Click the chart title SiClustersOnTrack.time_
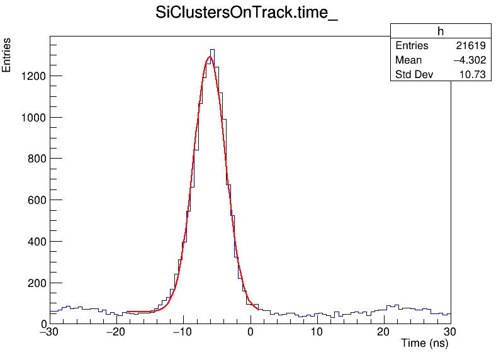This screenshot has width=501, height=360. click(x=247, y=13)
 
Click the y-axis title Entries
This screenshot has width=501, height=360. click(x=7, y=55)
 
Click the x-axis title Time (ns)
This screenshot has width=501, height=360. click(x=424, y=344)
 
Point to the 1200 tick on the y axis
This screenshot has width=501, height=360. click(x=31, y=76)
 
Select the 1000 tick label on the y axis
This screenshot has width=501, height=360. click(x=31, y=118)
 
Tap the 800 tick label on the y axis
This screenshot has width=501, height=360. click(x=35, y=159)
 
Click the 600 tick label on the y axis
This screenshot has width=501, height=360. click(x=35, y=201)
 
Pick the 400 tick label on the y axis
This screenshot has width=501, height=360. click(x=35, y=242)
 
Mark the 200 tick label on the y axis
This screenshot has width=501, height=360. click(x=35, y=283)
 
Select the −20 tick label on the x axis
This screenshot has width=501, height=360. click(x=116, y=332)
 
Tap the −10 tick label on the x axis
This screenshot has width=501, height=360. click(x=183, y=332)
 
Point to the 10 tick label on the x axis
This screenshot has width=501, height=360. click(x=317, y=332)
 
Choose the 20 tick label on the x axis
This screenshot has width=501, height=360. click(x=384, y=332)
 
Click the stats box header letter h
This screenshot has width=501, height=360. click(x=441, y=31)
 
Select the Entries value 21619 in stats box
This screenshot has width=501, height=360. click(x=470, y=46)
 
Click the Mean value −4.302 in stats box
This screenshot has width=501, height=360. click(x=469, y=60)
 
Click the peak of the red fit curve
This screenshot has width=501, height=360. click(x=210, y=57)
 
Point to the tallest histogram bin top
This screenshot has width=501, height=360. click(x=212, y=49)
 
